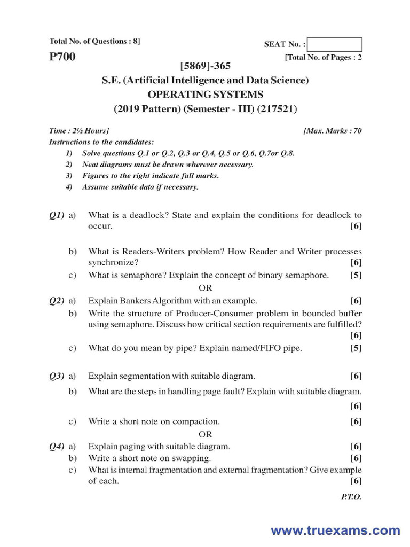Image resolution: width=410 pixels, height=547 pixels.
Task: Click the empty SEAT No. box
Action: coord(335,44)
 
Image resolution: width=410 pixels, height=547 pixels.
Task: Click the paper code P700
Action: coord(62,57)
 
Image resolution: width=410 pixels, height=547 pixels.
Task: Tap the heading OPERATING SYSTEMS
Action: coord(206,95)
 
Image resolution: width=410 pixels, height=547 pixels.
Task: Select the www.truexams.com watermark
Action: coord(335,530)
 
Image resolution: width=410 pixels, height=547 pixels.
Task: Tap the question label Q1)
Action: coord(57,215)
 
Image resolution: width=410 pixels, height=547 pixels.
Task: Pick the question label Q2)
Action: coord(57,300)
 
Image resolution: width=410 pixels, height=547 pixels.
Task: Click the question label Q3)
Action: coord(57,376)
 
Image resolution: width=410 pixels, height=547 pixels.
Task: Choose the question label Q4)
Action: coord(57,446)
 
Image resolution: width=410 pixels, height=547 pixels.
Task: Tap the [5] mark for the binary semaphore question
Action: coord(356,276)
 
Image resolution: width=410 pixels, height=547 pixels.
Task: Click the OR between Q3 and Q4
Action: coord(206,434)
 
